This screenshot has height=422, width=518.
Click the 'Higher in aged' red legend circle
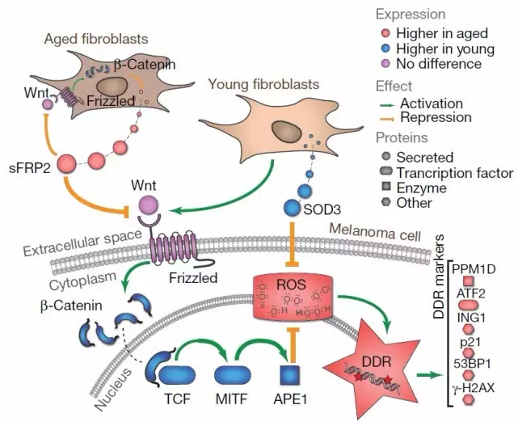(x=389, y=34)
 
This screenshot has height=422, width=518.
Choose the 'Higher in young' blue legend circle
(x=389, y=49)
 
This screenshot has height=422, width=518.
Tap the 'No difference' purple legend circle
(x=389, y=64)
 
